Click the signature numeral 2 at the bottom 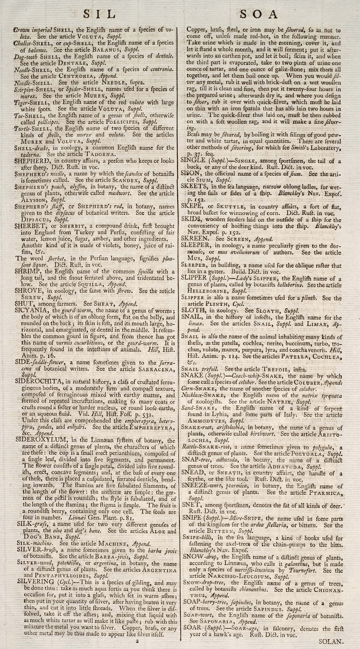[137, 640]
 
